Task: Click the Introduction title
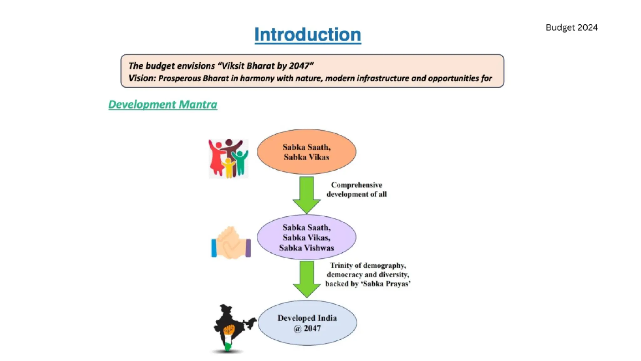308,34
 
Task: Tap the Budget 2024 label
572,28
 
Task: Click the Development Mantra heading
163,104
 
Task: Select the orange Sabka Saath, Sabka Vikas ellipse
306,152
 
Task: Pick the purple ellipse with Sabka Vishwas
306,237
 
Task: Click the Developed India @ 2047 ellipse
307,323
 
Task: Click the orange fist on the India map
229,330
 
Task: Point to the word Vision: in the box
142,78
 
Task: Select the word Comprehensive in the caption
356,185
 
